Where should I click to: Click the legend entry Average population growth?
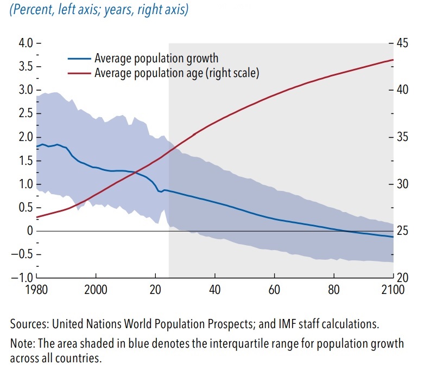tap(156, 59)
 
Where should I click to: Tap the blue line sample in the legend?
tap(79, 59)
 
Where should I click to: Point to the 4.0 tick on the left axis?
tap(26, 42)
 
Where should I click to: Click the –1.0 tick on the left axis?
tap(24, 278)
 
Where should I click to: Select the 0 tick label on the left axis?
tap(30, 231)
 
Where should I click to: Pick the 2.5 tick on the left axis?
tap(26, 113)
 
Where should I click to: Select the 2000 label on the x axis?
tap(96, 289)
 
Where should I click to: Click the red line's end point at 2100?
tap(393, 60)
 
